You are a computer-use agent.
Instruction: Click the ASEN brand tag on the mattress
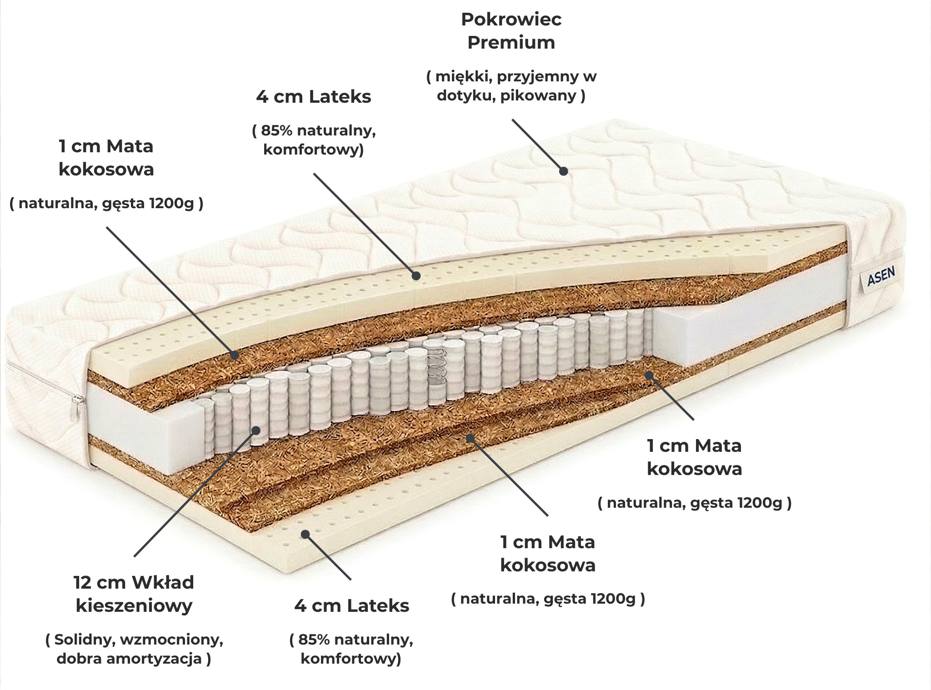click(x=881, y=276)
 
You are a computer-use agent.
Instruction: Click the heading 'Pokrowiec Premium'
click(x=511, y=31)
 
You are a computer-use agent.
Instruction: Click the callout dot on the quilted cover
click(x=563, y=171)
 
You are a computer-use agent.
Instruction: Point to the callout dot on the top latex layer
click(x=416, y=275)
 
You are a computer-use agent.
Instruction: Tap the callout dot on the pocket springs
click(x=256, y=430)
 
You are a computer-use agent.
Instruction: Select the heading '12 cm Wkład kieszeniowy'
click(x=134, y=594)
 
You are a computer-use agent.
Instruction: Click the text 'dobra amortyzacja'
click(x=129, y=658)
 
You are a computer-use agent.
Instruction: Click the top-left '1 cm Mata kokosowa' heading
click(x=106, y=158)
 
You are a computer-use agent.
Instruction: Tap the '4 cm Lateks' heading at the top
click(x=314, y=97)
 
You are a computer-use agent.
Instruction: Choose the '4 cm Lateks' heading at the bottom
click(x=351, y=606)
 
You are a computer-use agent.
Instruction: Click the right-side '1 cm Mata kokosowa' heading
click(x=694, y=457)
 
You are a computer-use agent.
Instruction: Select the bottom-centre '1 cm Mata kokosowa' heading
click(x=548, y=553)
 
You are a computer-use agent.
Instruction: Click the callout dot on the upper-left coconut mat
click(x=235, y=355)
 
